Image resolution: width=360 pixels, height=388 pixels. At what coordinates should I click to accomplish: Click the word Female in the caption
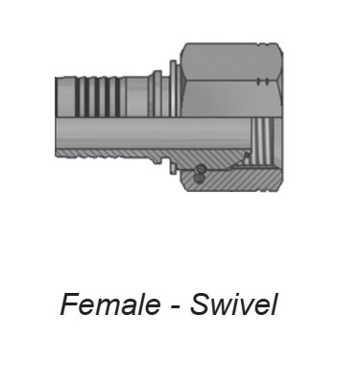click(x=110, y=303)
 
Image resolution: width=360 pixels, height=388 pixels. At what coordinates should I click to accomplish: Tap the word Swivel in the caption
click(x=233, y=303)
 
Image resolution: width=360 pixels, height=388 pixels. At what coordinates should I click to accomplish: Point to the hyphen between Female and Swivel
click(x=175, y=306)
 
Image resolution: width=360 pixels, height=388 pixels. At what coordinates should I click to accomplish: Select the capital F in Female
click(x=71, y=303)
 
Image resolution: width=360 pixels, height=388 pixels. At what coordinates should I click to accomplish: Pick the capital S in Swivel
click(x=201, y=303)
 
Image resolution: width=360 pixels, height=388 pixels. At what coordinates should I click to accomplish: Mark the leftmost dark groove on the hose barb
click(x=83, y=97)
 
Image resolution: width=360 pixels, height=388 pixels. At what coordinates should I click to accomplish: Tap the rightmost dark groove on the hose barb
click(x=117, y=97)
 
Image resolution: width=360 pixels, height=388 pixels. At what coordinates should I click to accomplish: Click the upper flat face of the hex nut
click(x=231, y=61)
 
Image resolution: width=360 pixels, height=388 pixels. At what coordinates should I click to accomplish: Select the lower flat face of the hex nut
click(x=231, y=99)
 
